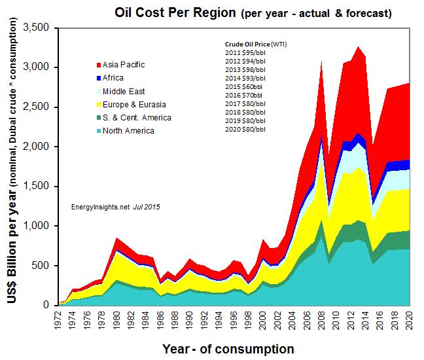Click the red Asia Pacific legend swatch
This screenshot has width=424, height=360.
pos(98,65)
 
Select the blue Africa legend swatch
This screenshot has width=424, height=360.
pos(98,78)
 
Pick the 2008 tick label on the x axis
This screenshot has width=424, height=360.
pos(321,320)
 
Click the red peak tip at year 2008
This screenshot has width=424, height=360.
pos(321,62)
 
